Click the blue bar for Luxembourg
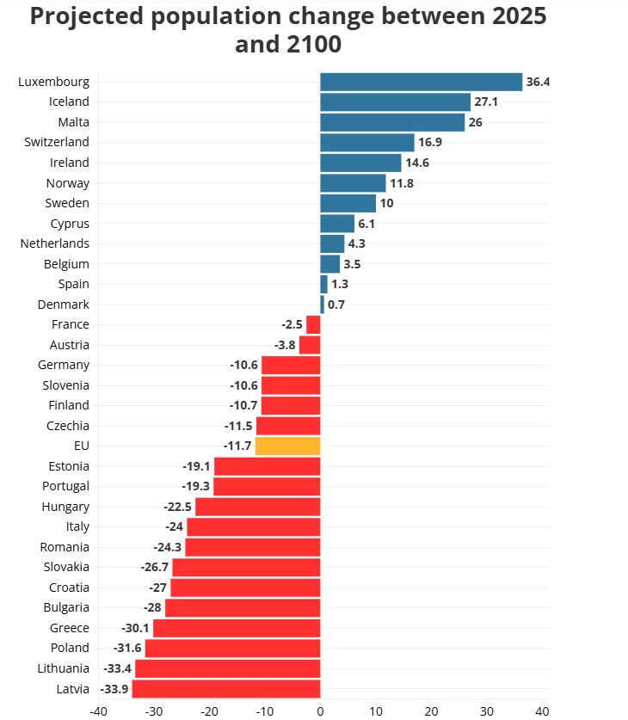[x=421, y=82]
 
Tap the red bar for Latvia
[x=226, y=688]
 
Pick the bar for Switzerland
[x=367, y=142]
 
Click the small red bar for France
[x=313, y=324]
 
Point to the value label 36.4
[x=538, y=83]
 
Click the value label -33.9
[x=114, y=689]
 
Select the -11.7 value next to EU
[x=237, y=446]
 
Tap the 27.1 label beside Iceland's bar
[x=487, y=102]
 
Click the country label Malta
[x=73, y=122]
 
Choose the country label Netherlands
[x=55, y=243]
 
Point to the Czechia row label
[x=68, y=425]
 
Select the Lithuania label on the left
[x=63, y=668]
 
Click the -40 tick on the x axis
[x=98, y=711]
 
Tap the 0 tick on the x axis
[x=320, y=711]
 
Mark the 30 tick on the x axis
[x=487, y=711]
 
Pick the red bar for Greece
[x=237, y=628]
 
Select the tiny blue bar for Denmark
[x=322, y=305]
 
